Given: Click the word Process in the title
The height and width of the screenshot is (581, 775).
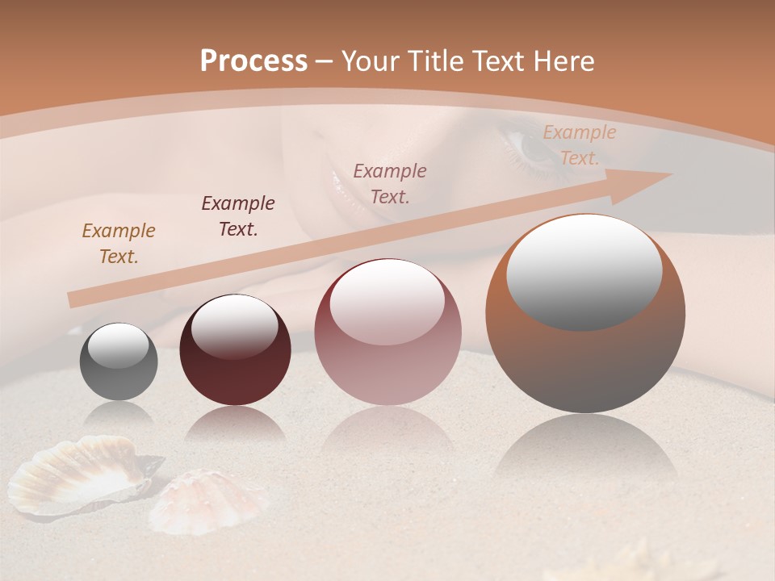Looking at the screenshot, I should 253,61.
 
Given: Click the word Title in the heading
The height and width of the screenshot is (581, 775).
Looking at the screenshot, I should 434,61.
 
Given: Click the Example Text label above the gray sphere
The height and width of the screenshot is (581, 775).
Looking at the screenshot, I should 119,243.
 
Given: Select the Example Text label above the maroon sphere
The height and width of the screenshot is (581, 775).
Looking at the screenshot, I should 238,215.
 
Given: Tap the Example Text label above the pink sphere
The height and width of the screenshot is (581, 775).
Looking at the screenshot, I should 390,183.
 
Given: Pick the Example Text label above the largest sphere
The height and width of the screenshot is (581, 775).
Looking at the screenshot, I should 579,145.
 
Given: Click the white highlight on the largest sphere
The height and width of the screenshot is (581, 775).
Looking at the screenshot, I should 584,270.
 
